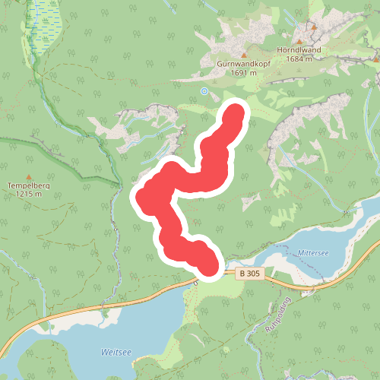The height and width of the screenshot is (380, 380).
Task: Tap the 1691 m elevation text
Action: pos(244,75)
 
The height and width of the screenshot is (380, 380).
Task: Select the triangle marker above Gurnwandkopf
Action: pos(244,55)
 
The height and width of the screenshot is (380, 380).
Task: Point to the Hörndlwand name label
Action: pos(299,50)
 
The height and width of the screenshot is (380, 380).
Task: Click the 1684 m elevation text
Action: pos(299,59)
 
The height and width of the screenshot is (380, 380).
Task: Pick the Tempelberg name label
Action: pos(29,185)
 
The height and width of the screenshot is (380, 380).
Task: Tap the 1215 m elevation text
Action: pos(29,195)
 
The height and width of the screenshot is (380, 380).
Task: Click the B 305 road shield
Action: pos(249,273)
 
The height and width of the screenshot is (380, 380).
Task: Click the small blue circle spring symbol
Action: pos(204,91)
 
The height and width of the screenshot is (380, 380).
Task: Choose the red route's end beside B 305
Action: pos(209,266)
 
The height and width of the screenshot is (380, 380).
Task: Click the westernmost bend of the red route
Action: pos(142,197)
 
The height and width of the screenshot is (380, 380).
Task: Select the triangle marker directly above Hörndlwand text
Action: pos(313,27)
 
